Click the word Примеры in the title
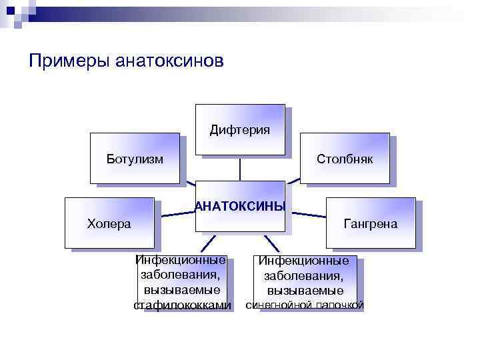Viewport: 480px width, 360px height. click(71, 61)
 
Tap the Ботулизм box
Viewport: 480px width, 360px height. click(135, 158)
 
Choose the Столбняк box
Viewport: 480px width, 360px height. click(344, 158)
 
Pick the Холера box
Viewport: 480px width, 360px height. click(109, 223)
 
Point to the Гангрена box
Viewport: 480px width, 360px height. click(370, 223)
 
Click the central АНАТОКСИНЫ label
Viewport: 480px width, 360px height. click(240, 206)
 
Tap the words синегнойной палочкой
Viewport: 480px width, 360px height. click(305, 305)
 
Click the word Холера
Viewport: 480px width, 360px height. click(109, 223)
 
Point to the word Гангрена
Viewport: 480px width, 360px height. click(370, 223)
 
